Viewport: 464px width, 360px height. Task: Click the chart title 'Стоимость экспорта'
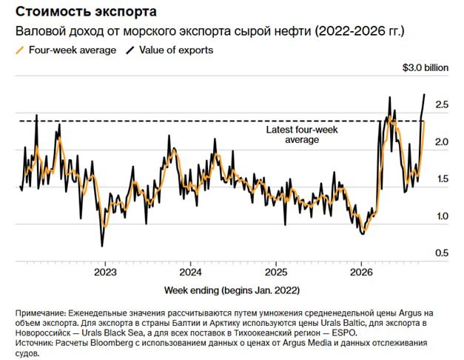(86, 12)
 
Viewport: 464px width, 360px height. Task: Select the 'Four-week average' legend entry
(66, 50)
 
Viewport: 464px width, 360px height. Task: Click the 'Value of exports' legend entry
(169, 50)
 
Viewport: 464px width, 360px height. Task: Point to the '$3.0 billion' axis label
(426, 68)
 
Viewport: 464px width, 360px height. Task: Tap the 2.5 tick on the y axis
(442, 104)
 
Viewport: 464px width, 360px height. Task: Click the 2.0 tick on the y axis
(442, 142)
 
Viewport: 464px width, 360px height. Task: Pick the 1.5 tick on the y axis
(442, 179)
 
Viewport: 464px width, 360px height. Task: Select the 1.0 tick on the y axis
(442, 216)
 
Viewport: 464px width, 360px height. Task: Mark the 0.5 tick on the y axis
(442, 253)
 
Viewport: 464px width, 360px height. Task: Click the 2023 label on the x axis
(105, 273)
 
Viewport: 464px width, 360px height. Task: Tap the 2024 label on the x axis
(191, 273)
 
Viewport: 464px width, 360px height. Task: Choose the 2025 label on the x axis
(276, 273)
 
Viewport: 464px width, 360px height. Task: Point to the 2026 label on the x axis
(361, 273)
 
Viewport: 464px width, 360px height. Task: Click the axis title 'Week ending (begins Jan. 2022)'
(232, 290)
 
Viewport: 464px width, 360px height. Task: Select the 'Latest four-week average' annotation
(302, 135)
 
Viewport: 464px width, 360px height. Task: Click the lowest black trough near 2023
(102, 246)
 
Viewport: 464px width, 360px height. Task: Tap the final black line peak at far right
(425, 95)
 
